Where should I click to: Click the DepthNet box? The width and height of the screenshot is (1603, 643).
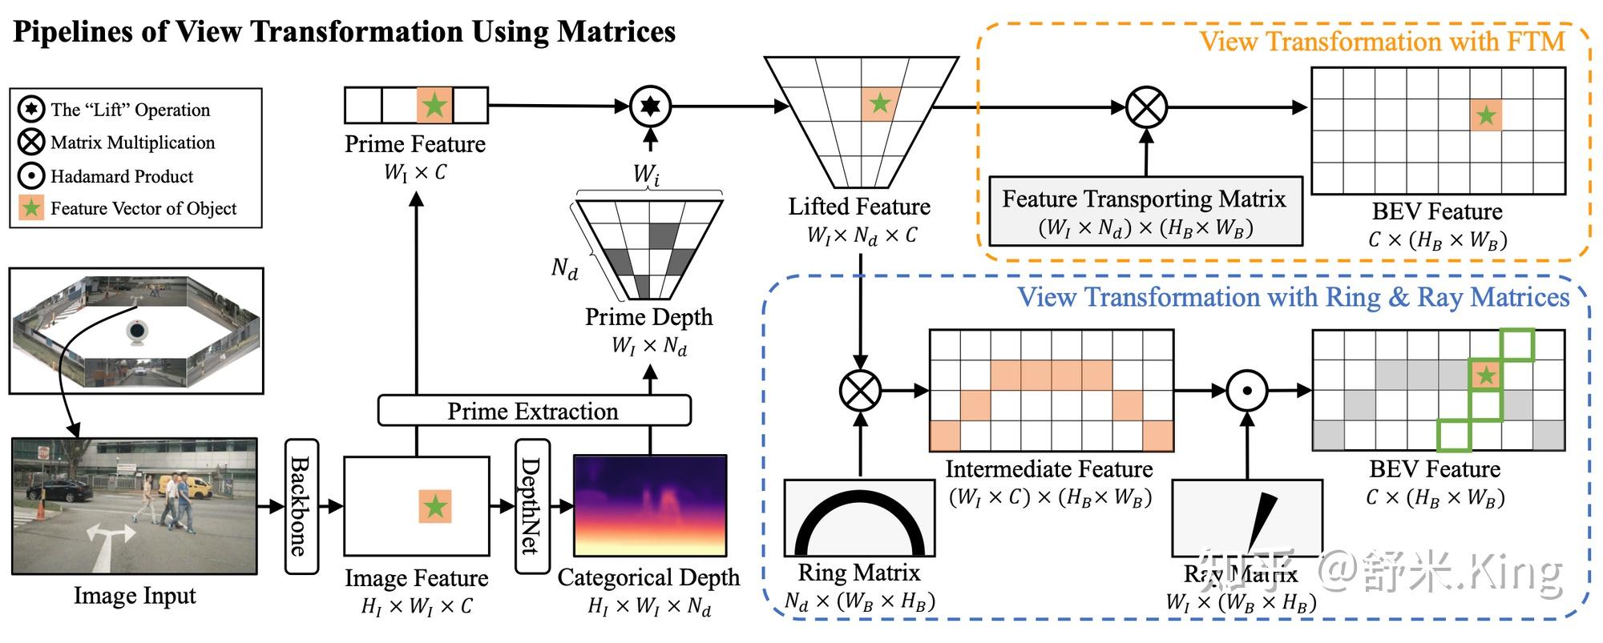[x=532, y=506]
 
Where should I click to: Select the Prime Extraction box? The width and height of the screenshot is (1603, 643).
[x=534, y=411]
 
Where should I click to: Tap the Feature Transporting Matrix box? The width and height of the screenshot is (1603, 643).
[x=1145, y=211]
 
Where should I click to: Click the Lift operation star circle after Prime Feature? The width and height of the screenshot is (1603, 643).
[x=650, y=106]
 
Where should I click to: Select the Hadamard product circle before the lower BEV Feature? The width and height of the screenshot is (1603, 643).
[x=1247, y=391]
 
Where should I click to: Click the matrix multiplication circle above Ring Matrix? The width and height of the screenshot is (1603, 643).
[x=860, y=391]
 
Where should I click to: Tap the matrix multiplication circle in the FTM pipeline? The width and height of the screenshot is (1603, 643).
[x=1146, y=107]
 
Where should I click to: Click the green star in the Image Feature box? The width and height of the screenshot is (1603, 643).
[x=435, y=506]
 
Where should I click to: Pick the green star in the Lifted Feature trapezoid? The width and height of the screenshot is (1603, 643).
[x=880, y=103]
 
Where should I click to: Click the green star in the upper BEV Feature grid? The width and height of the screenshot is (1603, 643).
[x=1486, y=116]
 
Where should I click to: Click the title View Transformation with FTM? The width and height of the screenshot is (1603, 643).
[x=1382, y=42]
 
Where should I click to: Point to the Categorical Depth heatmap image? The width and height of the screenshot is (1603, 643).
[x=650, y=505]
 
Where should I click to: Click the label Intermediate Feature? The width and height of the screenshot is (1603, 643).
[x=1048, y=468]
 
